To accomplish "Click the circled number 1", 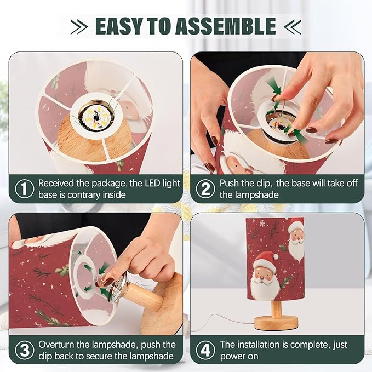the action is click(x=24, y=188).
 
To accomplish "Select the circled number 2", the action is click(x=205, y=188).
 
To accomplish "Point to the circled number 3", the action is click(x=24, y=350).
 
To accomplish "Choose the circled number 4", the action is click(x=205, y=350).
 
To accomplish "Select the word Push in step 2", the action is click(x=229, y=183).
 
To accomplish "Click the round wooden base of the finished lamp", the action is click(x=276, y=322).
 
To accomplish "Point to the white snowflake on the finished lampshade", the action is click(x=262, y=224).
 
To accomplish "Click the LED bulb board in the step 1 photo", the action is click(x=97, y=116).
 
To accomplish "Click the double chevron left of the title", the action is click(x=79, y=26).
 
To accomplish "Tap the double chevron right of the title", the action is click(x=293, y=26).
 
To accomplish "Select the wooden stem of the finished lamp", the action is click(x=276, y=308).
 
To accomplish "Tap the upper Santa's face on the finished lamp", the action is click(x=296, y=237).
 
